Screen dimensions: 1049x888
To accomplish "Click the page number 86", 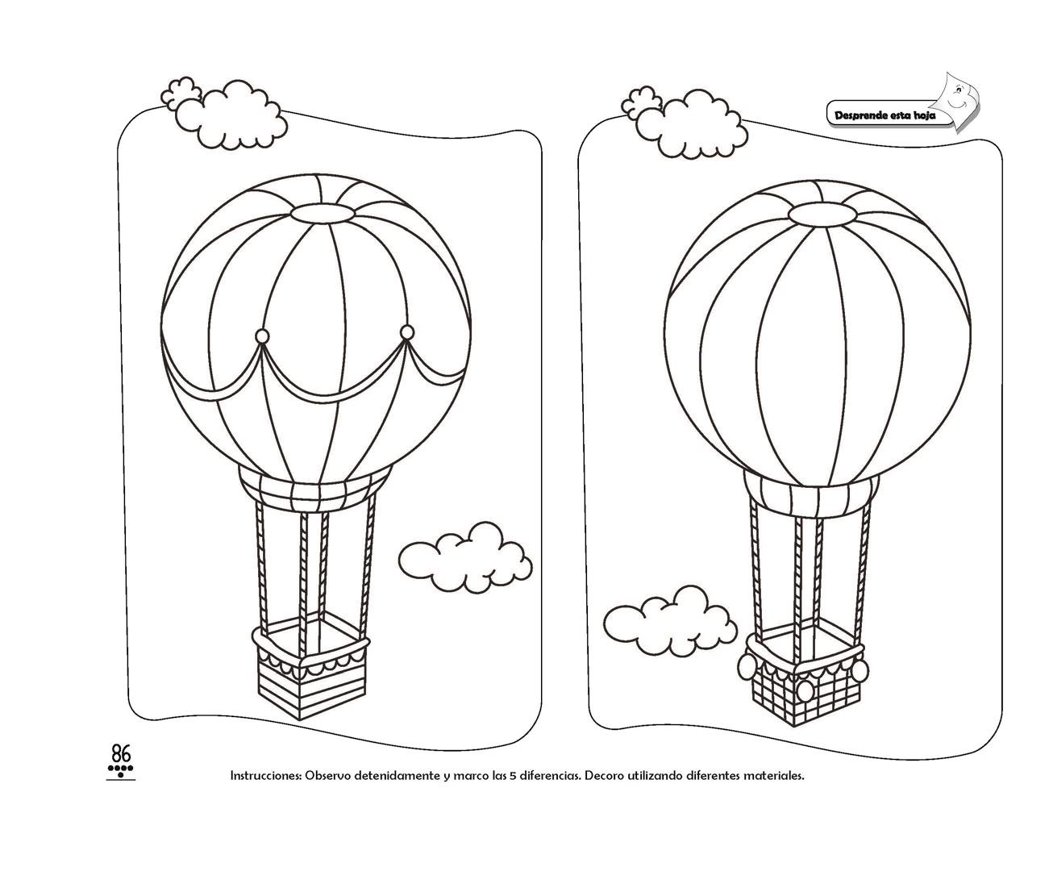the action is (121, 754).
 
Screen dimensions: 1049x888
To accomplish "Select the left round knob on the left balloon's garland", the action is (262, 336).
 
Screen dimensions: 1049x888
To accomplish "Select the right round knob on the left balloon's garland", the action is (406, 331).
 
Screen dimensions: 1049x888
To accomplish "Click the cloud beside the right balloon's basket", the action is (669, 619).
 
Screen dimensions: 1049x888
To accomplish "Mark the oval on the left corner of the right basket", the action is (747, 666).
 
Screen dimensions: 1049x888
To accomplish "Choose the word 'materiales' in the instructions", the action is (774, 776).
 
